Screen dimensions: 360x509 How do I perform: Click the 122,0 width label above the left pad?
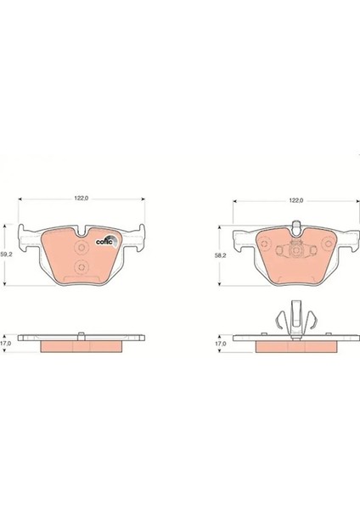(x=82, y=199)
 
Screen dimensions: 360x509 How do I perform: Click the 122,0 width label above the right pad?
(x=296, y=200)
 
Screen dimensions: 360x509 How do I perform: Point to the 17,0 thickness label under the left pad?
(x=6, y=343)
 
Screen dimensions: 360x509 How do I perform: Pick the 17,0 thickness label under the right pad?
(x=220, y=343)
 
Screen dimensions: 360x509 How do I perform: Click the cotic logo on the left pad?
(x=106, y=241)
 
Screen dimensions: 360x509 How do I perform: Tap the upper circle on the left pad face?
(x=82, y=248)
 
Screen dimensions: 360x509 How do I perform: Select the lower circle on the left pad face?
(x=82, y=267)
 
